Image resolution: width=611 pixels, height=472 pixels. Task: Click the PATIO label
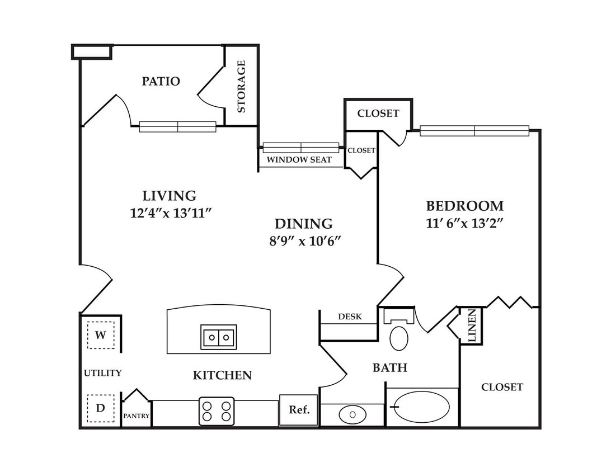point(161,81)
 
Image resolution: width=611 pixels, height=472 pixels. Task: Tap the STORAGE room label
point(241,86)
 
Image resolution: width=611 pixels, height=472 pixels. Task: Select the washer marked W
point(101,335)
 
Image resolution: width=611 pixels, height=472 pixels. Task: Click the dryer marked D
point(101,408)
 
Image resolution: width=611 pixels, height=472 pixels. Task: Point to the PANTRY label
point(137,416)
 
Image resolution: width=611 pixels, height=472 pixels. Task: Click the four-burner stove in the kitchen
point(217,411)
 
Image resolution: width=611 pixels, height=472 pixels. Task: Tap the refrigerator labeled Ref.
point(299,410)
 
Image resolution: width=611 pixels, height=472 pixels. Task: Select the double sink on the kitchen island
point(219,337)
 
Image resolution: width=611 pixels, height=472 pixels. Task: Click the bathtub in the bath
point(422,407)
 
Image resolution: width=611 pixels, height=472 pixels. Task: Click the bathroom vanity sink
point(352,414)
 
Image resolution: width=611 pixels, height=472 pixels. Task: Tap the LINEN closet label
point(472,325)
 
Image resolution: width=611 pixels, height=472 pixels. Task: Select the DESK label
point(350,317)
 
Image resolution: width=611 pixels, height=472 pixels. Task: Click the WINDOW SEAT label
point(299,160)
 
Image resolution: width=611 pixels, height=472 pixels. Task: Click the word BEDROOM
point(465,206)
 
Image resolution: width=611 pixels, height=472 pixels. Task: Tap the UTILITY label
point(102,373)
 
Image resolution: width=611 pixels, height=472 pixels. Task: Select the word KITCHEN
point(223,375)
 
